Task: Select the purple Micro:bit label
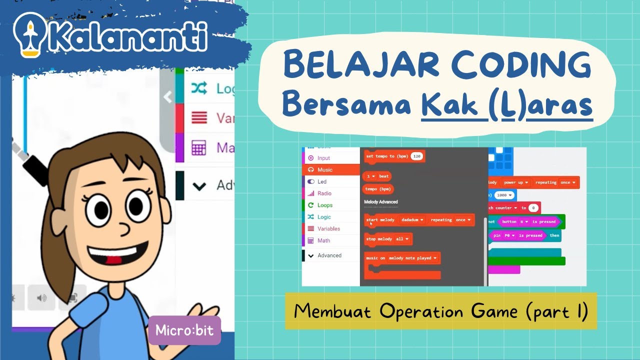184,330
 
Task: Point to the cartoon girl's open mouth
118,254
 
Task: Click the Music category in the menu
324,170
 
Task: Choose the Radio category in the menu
324,193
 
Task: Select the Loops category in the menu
324,205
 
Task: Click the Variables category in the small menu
328,229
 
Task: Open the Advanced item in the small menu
329,255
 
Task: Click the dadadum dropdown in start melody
412,220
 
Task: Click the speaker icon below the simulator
41,298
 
